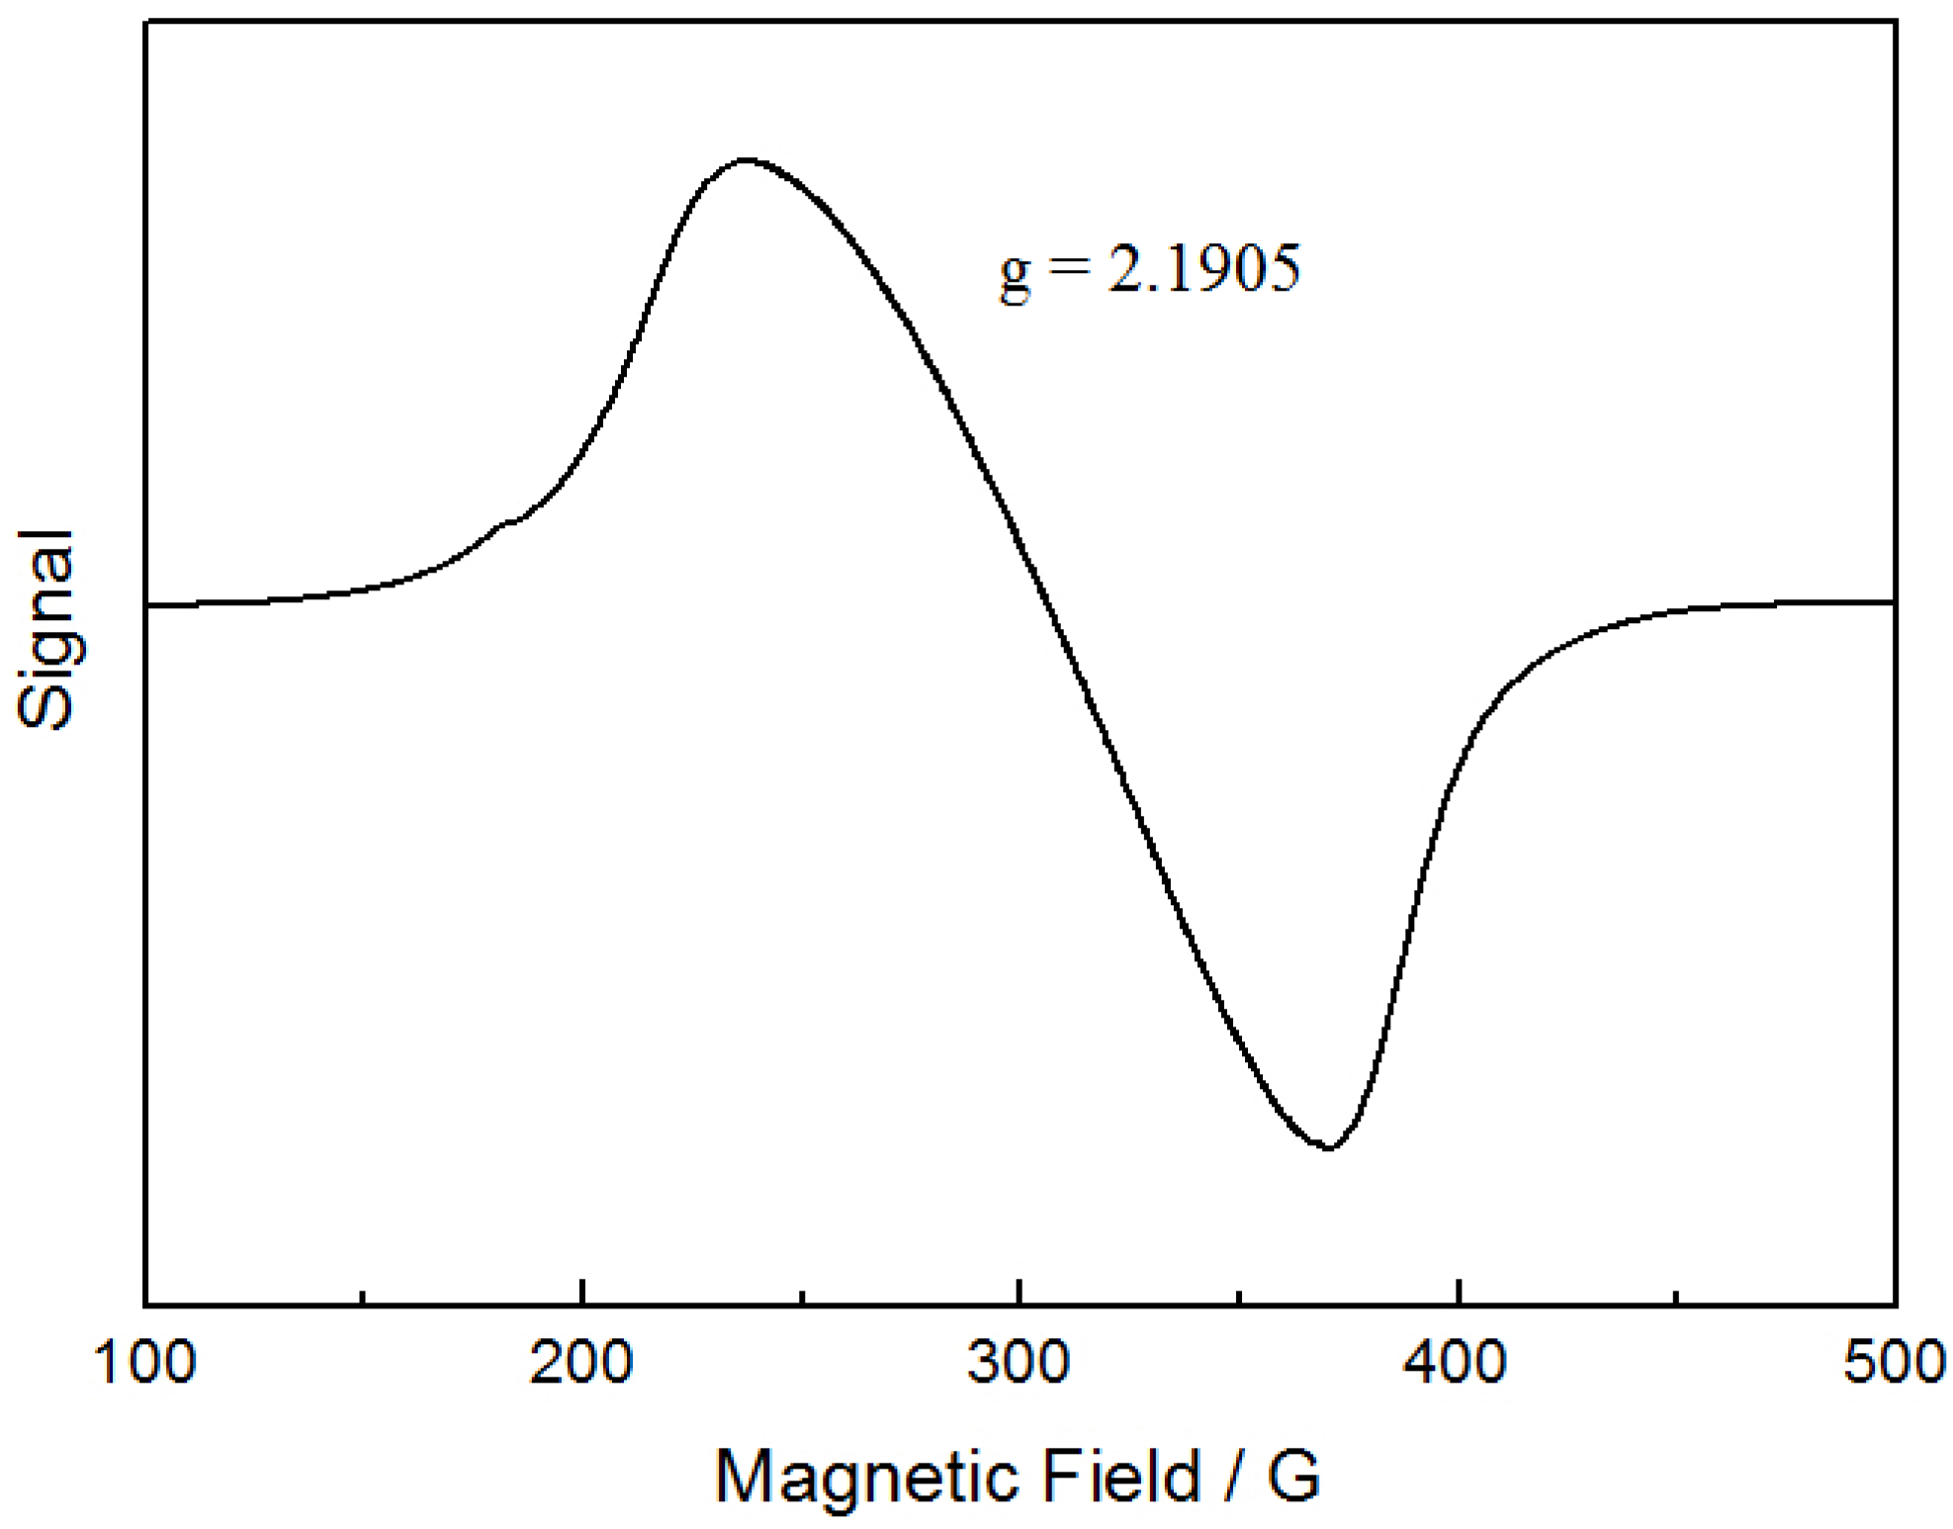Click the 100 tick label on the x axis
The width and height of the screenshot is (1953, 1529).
(x=145, y=1364)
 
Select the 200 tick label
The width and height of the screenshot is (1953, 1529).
(x=581, y=1364)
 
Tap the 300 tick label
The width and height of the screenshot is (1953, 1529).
(x=1019, y=1364)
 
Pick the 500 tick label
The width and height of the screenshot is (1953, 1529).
(x=1894, y=1364)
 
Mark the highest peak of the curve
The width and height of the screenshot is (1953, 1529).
(x=746, y=159)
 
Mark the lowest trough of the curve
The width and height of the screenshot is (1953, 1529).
(x=1329, y=1147)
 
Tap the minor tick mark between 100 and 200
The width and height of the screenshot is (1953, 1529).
(x=364, y=1298)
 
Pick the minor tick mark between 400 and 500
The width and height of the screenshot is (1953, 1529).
(x=1677, y=1298)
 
